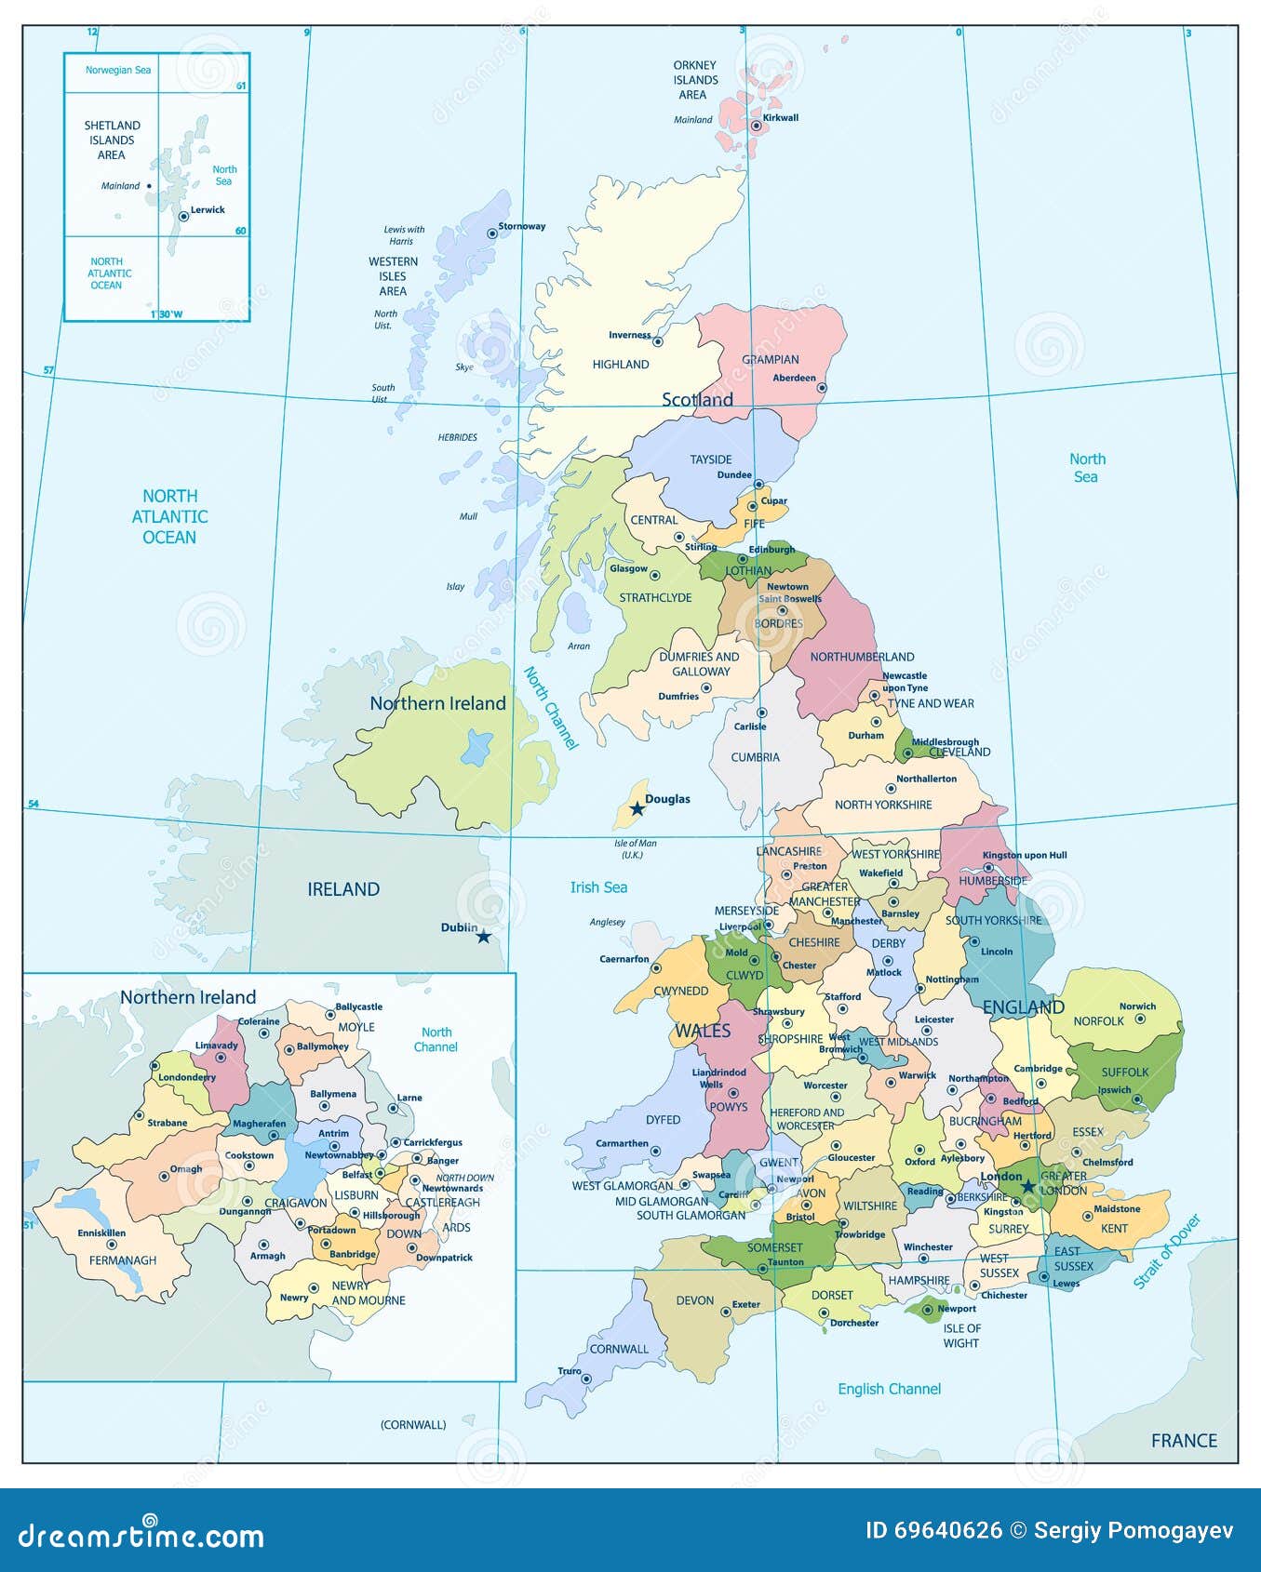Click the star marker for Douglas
637,808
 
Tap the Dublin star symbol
483,937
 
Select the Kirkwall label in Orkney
781,118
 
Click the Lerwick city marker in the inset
184,216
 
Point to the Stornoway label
521,226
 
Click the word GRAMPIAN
771,360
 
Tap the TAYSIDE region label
710,460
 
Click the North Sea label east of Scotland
1086,468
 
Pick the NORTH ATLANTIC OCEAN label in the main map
169,516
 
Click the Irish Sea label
598,887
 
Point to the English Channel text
889,1389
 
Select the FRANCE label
1184,1441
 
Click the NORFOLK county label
1098,1021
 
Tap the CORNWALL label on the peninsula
619,1349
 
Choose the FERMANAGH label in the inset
123,1260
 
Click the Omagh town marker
165,1177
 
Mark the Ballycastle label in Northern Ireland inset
359,1006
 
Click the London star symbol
1027,1187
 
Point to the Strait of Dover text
1167,1252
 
